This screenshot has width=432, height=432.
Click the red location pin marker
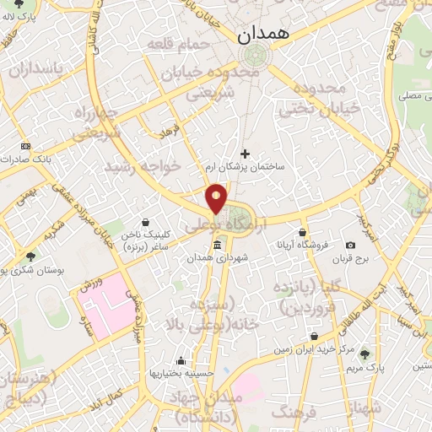tap(217, 197)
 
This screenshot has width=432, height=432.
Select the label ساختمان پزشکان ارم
tap(246, 167)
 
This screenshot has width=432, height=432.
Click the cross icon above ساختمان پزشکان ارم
tap(246, 154)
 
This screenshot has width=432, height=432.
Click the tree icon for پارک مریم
tap(365, 354)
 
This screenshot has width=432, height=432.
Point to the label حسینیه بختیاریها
tap(181, 373)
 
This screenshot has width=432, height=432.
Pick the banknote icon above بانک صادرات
tap(26, 146)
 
